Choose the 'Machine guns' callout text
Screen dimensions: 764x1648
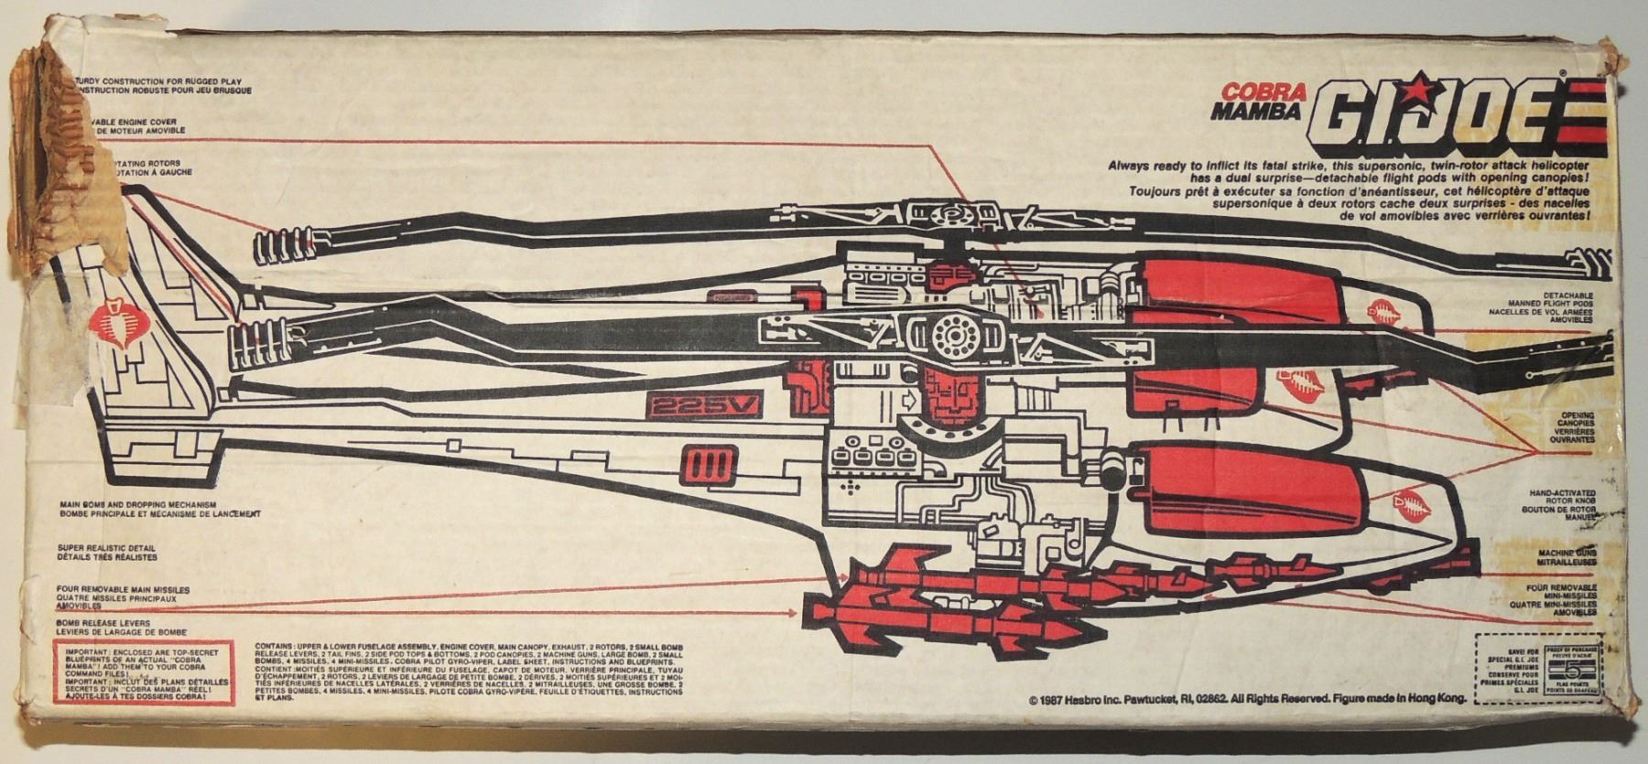coord(1567,557)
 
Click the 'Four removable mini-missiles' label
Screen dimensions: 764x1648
coord(1560,598)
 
